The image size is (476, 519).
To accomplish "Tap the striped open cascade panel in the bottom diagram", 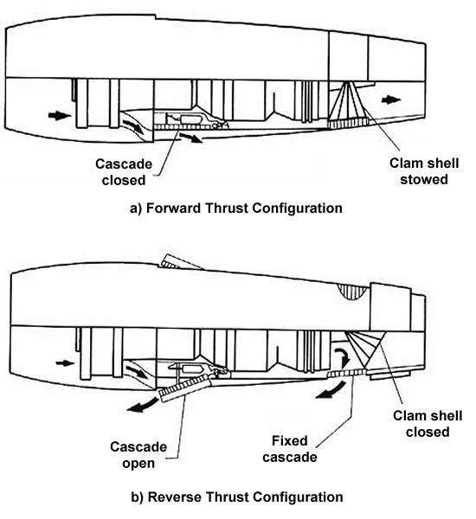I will [183, 388].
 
